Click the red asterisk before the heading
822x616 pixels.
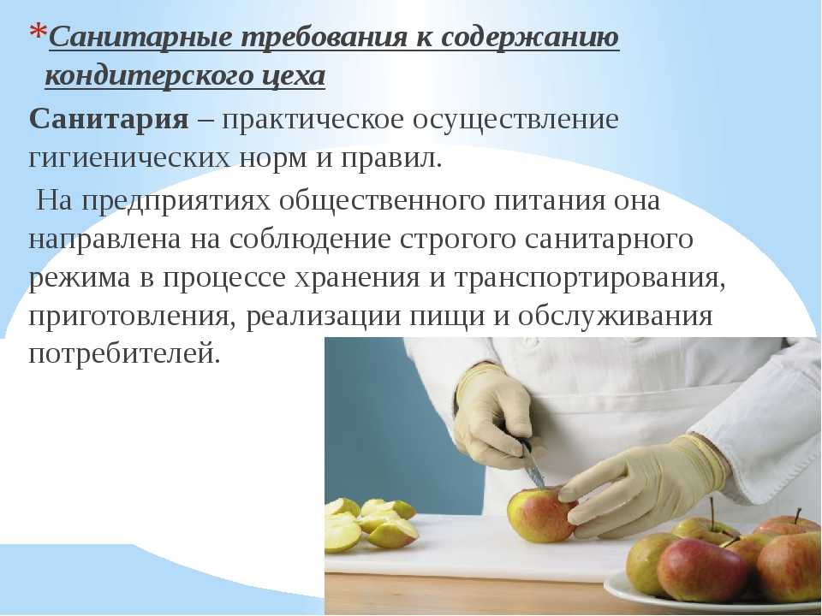click(39, 33)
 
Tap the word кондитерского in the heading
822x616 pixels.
click(149, 76)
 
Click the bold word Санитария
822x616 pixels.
click(109, 120)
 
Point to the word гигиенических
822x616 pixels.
click(129, 159)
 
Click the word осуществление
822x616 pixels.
click(515, 120)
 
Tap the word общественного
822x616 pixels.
click(382, 200)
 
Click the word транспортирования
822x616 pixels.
click(590, 277)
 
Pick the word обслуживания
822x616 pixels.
click(616, 317)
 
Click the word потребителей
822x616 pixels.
click(123, 354)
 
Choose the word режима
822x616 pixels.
click(79, 278)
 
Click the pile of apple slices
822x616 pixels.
click(371, 524)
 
